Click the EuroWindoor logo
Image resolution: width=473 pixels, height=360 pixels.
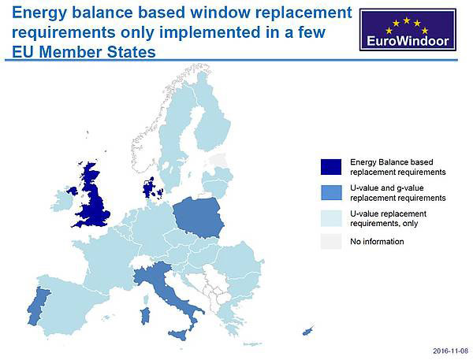pyautogui.click(x=408, y=30)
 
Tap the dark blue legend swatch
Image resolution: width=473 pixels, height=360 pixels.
pyautogui.click(x=331, y=167)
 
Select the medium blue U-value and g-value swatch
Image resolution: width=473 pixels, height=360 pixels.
pyautogui.click(x=331, y=193)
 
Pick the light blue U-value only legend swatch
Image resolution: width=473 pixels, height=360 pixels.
pyautogui.click(x=331, y=218)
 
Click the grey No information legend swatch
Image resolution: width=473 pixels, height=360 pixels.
pyautogui.click(x=331, y=241)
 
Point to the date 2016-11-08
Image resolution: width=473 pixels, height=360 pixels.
pyautogui.click(x=450, y=351)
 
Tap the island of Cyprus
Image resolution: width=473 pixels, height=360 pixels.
pyautogui.click(x=307, y=331)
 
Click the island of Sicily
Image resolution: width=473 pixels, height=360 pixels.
pyautogui.click(x=179, y=335)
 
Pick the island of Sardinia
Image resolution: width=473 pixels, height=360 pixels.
pyautogui.click(x=145, y=316)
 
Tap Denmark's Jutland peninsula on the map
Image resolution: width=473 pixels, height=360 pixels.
pyautogui.click(x=148, y=188)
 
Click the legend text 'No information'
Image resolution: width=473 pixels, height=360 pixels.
pyautogui.click(x=377, y=242)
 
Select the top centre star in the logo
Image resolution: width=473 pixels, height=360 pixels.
pyautogui.click(x=407, y=20)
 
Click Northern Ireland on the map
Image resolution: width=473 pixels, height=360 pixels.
pyautogui.click(x=73, y=191)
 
